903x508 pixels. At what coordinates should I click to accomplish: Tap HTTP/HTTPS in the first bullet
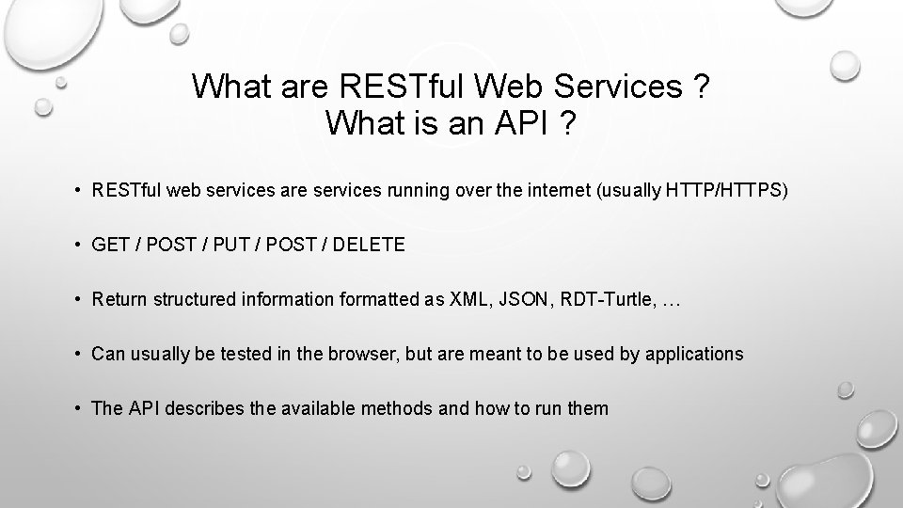tap(722, 191)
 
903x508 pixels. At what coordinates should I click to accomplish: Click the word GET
tap(111, 246)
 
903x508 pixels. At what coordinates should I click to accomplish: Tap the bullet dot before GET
tap(78, 246)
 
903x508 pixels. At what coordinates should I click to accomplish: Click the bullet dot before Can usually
tap(78, 355)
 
